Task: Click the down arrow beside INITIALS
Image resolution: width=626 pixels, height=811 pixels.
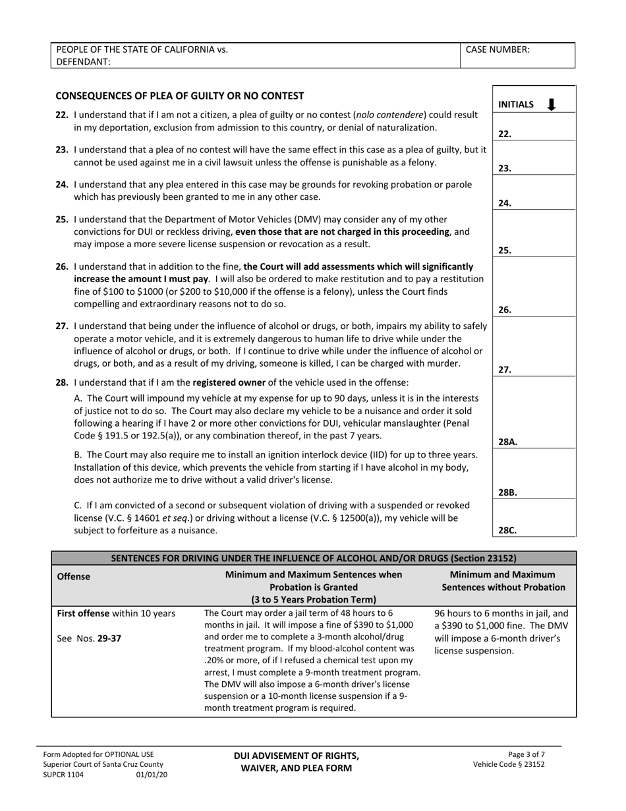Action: (x=552, y=104)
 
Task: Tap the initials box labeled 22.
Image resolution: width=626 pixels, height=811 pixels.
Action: (x=534, y=127)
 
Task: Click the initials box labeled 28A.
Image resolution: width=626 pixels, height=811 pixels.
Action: (x=534, y=413)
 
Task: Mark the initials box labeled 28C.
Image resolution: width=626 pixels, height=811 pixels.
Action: (x=534, y=518)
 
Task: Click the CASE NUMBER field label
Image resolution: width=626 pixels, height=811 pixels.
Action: (x=498, y=49)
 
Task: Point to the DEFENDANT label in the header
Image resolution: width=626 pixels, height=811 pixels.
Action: (x=84, y=61)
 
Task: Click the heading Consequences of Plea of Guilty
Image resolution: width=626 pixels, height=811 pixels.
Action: (x=180, y=96)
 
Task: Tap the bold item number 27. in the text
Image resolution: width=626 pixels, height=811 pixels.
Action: (x=62, y=326)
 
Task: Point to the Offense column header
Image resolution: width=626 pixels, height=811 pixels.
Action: (x=74, y=576)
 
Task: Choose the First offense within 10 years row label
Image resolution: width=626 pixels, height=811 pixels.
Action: (x=117, y=613)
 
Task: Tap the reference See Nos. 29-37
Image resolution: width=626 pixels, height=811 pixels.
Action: (x=89, y=638)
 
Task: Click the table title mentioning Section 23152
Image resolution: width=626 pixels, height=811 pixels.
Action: (x=314, y=558)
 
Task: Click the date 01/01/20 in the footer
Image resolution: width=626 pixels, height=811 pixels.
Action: (x=152, y=775)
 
